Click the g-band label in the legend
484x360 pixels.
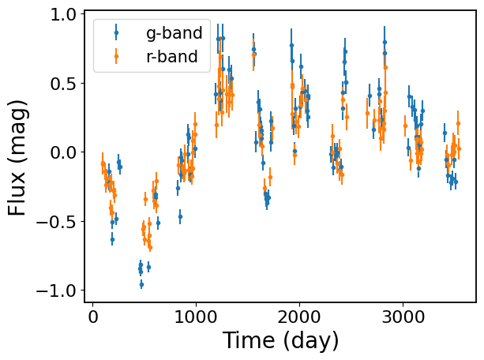[174, 33]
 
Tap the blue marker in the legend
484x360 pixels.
[116, 33]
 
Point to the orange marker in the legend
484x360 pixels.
[116, 57]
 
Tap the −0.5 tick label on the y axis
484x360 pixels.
[54, 221]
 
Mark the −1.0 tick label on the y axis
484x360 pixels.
[54, 290]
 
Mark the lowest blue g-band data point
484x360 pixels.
[141, 284]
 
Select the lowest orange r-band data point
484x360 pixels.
[150, 247]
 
